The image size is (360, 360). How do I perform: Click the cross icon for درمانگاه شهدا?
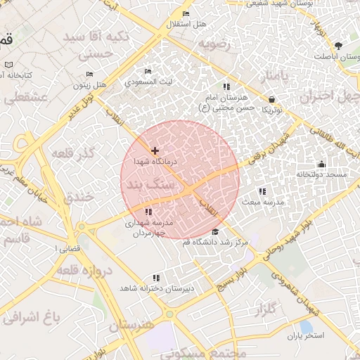pyautogui.click(x=155, y=150)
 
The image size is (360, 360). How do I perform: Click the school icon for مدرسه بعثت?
pyautogui.click(x=262, y=191)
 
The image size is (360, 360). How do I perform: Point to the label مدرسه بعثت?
pyautogui.click(x=264, y=202)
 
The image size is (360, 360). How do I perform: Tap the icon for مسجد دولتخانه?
pyautogui.click(x=321, y=164)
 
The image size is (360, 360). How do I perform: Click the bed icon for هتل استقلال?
pyautogui.click(x=186, y=14)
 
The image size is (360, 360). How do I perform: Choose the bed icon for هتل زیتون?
pyautogui.click(x=89, y=74)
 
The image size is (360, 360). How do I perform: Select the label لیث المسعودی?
pyautogui.click(x=148, y=82)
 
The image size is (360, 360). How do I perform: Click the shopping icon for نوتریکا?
pyautogui.click(x=272, y=100)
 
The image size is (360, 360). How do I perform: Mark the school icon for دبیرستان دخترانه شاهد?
pyautogui.click(x=155, y=278)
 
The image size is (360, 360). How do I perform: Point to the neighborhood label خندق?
pyautogui.click(x=78, y=198)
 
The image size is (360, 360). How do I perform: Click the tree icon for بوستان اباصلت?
pyautogui.click(x=339, y=46)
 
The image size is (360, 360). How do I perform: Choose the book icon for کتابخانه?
pyautogui.click(x=8, y=65)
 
